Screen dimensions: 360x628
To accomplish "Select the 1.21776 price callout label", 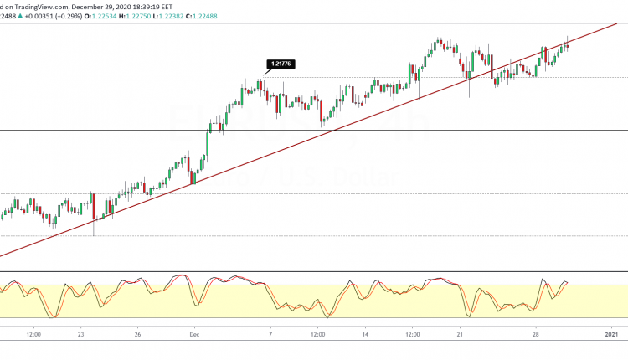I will pyautogui.click(x=279, y=64).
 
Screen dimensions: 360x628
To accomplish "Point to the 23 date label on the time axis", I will pyautogui.click(x=80, y=334).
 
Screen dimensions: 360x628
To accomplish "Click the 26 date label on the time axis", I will pyautogui.click(x=136, y=334).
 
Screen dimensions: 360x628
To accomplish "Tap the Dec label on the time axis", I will pyautogui.click(x=193, y=334).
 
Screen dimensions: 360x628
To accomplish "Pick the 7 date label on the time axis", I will pyautogui.click(x=270, y=334).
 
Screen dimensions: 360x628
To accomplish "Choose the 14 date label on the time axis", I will pyautogui.click(x=364, y=334).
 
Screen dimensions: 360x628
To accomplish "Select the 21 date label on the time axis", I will pyautogui.click(x=460, y=334).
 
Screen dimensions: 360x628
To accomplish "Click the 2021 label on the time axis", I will pyautogui.click(x=610, y=334).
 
